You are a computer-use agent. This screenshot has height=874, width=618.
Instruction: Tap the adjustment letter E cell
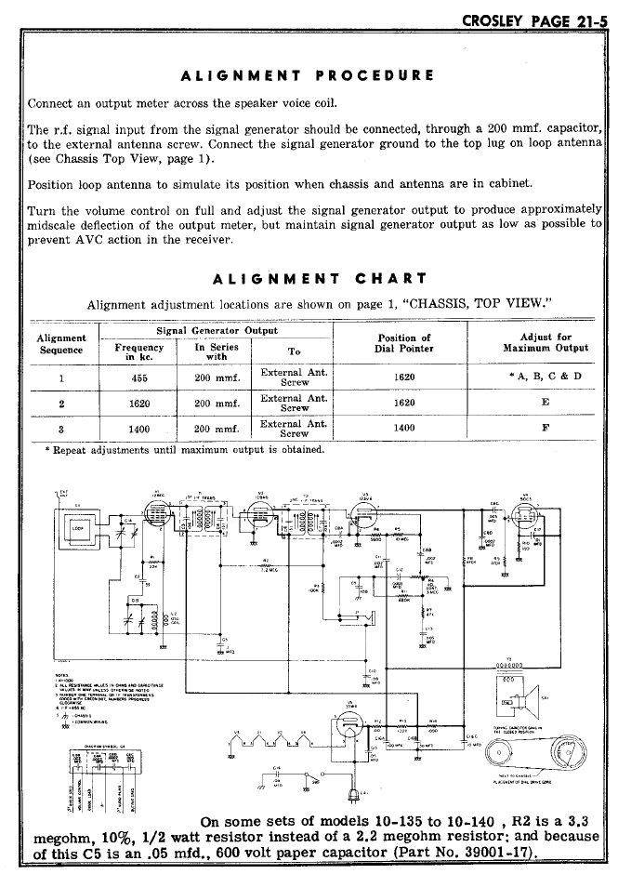(x=545, y=403)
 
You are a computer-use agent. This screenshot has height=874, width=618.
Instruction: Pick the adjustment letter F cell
(x=545, y=430)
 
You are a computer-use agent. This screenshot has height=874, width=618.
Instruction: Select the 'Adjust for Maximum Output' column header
(x=546, y=342)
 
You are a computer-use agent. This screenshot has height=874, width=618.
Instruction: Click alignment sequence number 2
(x=61, y=404)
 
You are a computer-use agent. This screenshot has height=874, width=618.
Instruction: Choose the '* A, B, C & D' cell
(x=545, y=377)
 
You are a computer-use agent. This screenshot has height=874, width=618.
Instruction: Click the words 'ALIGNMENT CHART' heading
(x=320, y=278)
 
